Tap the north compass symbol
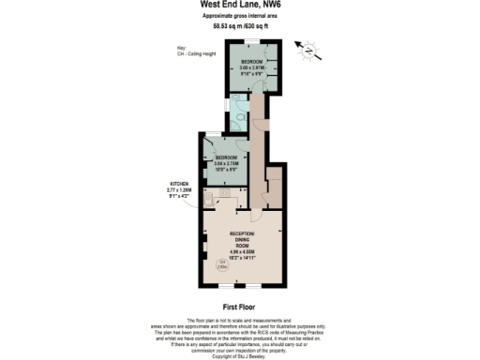click(x=306, y=46)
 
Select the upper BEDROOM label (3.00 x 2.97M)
click(x=253, y=65)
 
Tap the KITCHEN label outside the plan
click(x=178, y=187)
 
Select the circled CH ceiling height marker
click(x=223, y=264)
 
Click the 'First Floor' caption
click(x=239, y=307)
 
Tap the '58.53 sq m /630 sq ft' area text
click(x=239, y=26)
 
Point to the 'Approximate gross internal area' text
click(x=239, y=17)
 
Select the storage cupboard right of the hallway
click(x=275, y=183)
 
